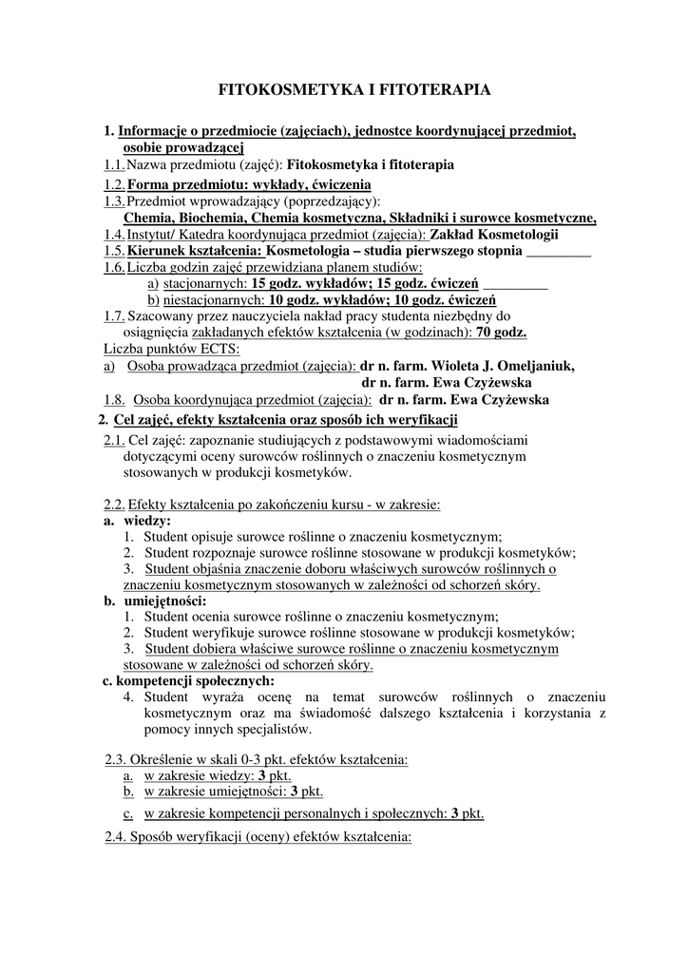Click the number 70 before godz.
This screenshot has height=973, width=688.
click(485, 332)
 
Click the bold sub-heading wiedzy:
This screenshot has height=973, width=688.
click(147, 521)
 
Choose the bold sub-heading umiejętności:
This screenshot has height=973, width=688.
click(164, 601)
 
